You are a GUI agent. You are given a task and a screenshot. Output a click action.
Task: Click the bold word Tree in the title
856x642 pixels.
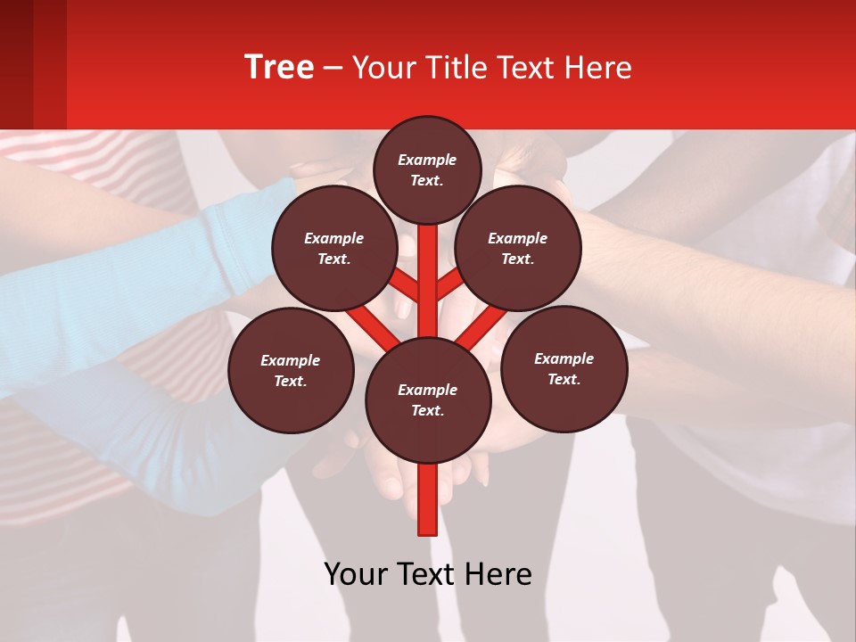(279, 68)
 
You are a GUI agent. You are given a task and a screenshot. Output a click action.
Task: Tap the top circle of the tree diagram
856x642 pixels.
(427, 169)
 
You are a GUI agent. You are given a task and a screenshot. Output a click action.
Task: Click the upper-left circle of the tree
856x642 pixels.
(334, 248)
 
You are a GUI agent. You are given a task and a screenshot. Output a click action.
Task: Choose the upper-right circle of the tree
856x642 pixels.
(518, 248)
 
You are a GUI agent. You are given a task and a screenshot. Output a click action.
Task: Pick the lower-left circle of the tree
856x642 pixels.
(291, 370)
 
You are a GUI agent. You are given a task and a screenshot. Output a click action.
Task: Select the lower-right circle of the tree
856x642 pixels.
(564, 368)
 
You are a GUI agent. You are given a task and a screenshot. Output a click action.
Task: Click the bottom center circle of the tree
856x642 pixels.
(428, 399)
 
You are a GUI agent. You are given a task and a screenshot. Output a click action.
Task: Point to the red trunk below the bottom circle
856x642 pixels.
(428, 499)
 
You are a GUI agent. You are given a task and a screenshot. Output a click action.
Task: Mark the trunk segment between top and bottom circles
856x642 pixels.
(428, 276)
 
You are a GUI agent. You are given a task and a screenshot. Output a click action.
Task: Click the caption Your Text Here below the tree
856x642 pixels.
(428, 574)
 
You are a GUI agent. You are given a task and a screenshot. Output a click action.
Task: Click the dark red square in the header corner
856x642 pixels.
(33, 64)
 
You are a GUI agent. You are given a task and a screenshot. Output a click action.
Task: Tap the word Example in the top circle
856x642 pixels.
(427, 160)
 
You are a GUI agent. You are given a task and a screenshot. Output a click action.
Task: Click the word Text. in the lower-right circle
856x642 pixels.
(564, 379)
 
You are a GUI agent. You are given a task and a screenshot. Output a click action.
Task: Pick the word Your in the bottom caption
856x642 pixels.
(355, 574)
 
